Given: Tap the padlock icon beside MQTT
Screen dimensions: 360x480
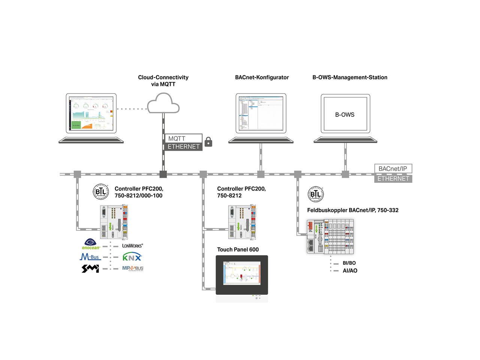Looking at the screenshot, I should tap(208, 142).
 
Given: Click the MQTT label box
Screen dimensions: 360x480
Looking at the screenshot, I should tap(183, 138).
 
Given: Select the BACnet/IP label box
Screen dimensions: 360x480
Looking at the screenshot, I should tap(393, 169).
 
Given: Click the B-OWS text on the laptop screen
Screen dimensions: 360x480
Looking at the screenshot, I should tap(345, 115).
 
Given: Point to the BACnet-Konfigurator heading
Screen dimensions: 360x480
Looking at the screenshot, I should tap(262, 78).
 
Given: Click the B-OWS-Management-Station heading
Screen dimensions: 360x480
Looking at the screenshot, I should tap(349, 78).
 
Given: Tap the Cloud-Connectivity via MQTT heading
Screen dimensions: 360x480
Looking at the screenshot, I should tap(163, 81).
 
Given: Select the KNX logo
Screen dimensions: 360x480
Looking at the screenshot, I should tap(132, 257).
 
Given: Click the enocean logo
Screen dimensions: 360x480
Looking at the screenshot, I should tap(91, 244).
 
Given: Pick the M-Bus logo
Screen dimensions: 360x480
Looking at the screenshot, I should tap(90, 257).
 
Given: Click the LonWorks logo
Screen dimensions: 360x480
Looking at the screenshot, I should tap(132, 246).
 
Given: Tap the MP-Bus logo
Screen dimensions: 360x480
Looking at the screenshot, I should tap(133, 268).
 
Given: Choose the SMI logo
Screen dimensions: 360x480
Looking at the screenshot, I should tap(90, 268).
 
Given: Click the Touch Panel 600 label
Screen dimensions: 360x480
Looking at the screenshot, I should tap(238, 250).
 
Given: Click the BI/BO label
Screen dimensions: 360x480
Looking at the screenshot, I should tap(349, 263).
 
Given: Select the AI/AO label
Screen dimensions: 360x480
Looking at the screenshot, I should tap(349, 271).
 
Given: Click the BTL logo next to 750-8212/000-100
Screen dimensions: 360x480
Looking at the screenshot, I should tap(100, 192).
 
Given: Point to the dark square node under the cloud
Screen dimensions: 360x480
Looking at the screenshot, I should tap(163, 174).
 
